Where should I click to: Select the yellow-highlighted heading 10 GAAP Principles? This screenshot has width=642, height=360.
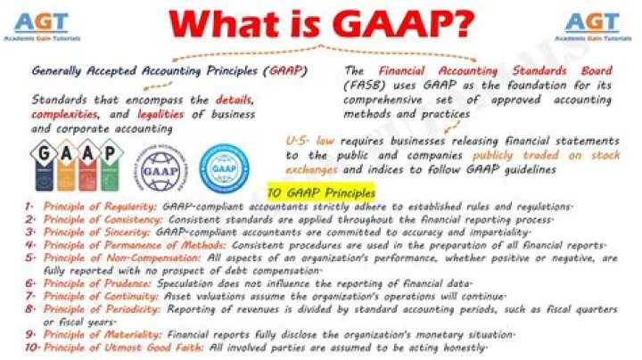point(322,192)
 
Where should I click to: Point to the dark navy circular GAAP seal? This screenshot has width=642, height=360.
point(163,164)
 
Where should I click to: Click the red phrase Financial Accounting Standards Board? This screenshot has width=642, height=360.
point(495,70)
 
